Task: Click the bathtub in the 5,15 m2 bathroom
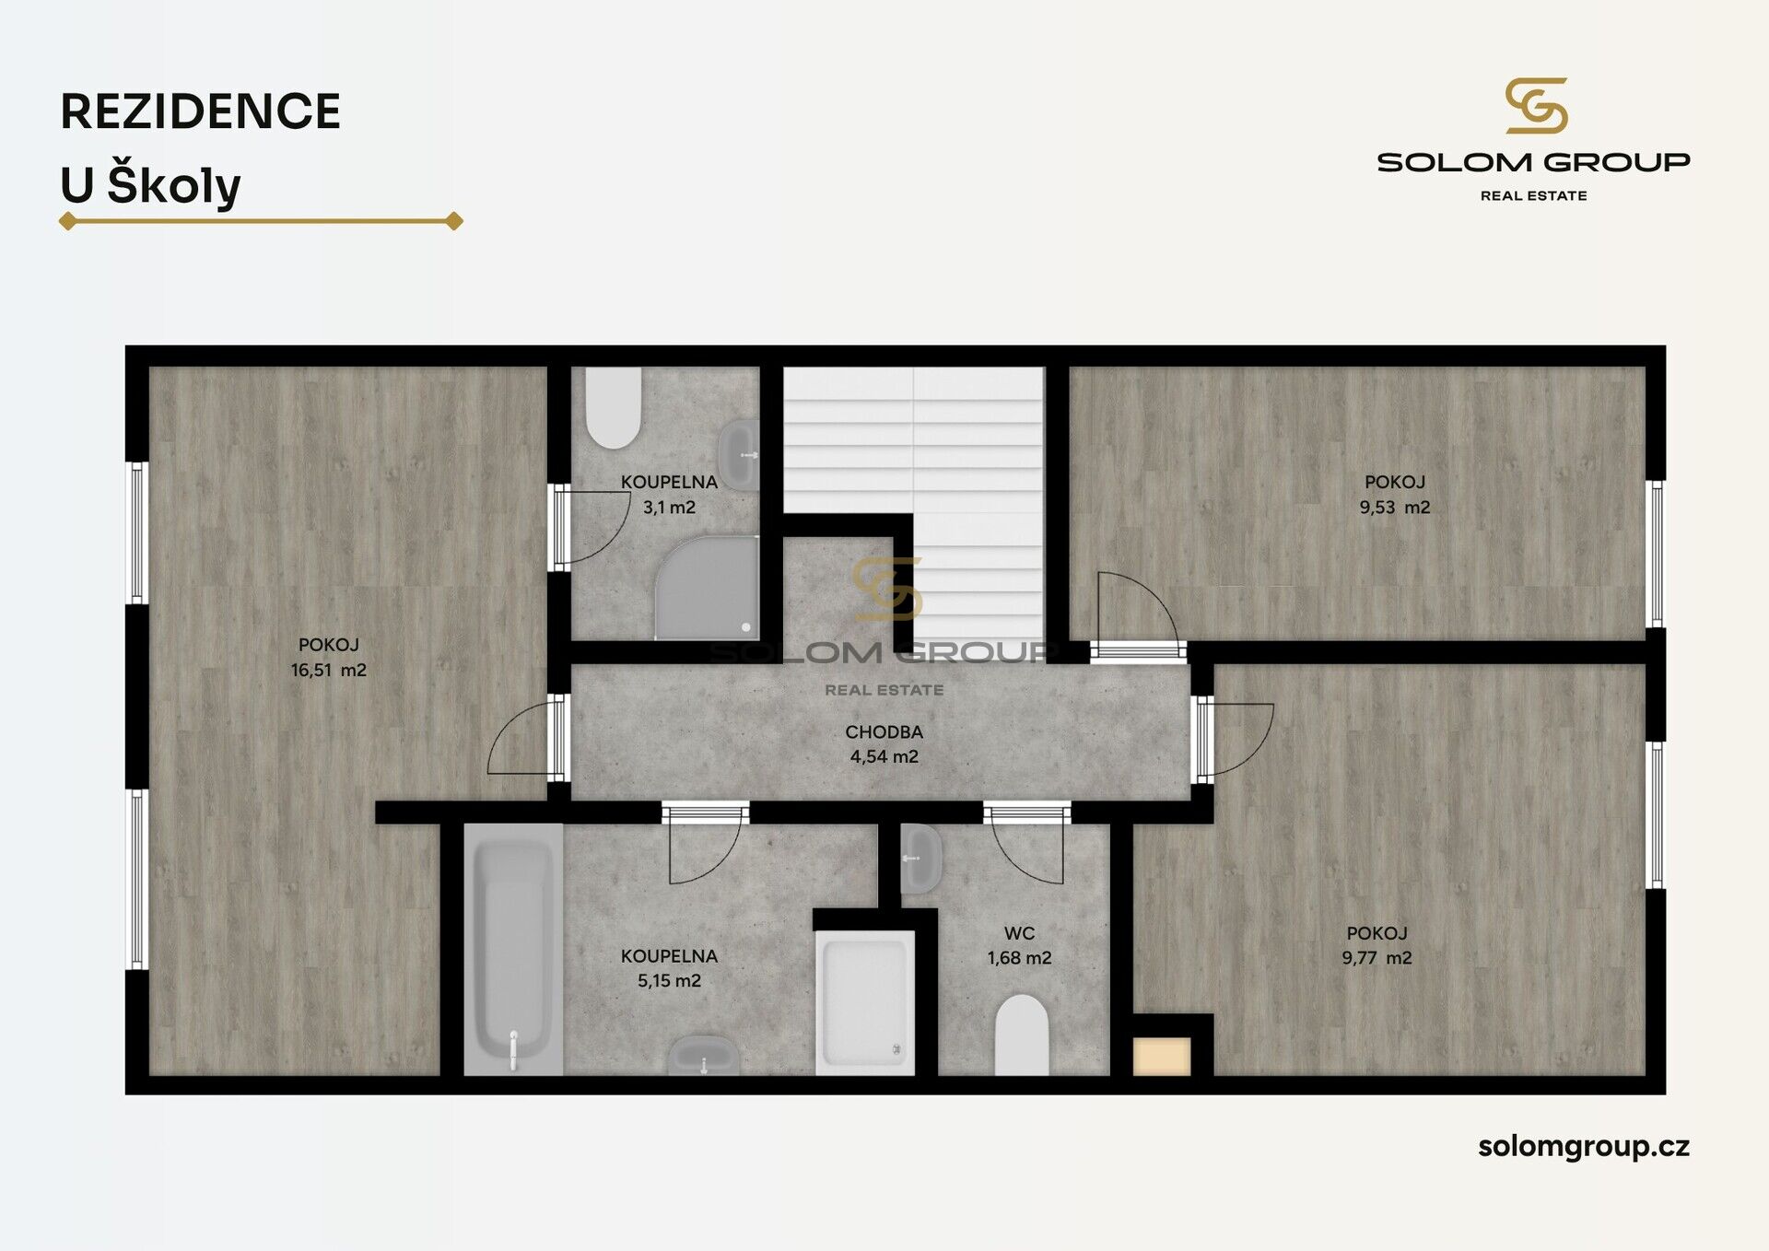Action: (x=513, y=949)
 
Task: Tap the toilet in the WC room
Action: (x=1022, y=1035)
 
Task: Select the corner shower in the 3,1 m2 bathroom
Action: (x=707, y=588)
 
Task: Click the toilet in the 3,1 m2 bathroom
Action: (x=613, y=408)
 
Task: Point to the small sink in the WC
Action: (x=920, y=859)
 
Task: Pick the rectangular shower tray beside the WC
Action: (x=865, y=1002)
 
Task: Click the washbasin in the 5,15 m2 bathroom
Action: (x=703, y=1056)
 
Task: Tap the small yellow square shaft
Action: (x=1162, y=1057)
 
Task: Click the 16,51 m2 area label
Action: (x=329, y=671)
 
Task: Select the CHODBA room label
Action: (x=884, y=732)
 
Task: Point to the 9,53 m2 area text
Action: (x=1395, y=508)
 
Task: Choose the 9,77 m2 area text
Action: (x=1377, y=958)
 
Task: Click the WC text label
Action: (x=1019, y=933)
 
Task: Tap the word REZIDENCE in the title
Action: (x=201, y=111)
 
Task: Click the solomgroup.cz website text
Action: (x=1584, y=1147)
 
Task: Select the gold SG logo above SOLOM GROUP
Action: (x=1536, y=106)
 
